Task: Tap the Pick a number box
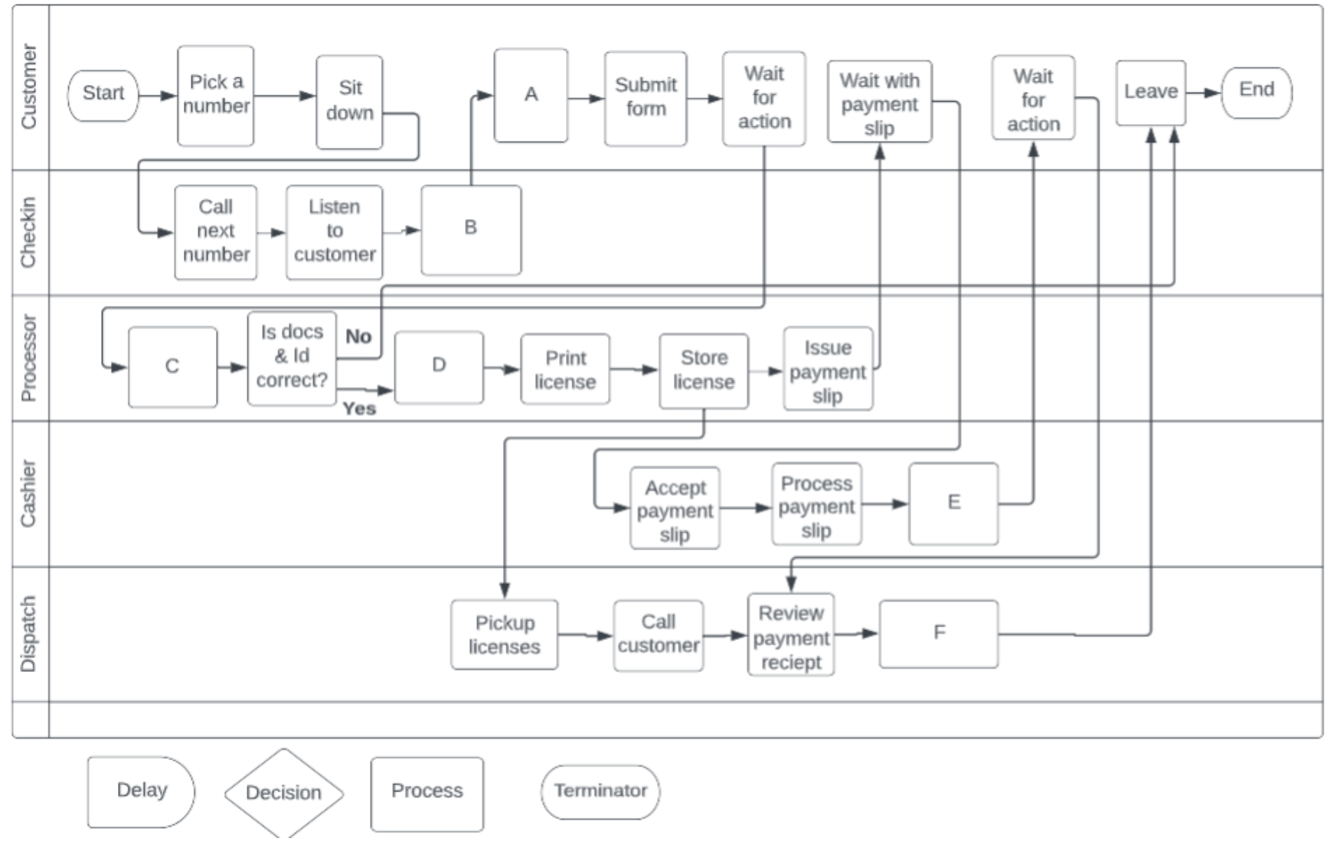216,96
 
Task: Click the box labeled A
531,96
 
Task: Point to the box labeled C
172,367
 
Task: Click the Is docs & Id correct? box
292,357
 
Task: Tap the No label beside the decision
358,336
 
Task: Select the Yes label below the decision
359,408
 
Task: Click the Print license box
565,369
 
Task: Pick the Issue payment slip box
828,370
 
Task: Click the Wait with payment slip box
879,103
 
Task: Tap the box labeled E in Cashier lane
953,503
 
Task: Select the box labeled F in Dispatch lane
939,634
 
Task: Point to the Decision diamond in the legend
283,793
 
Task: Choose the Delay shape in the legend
141,791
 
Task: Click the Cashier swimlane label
28,494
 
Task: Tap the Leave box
1150,93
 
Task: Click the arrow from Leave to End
1203,93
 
